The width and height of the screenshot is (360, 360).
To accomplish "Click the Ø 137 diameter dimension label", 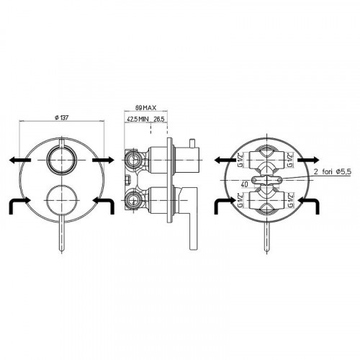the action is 62,117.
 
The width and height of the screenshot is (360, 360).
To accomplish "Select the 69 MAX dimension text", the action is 145,108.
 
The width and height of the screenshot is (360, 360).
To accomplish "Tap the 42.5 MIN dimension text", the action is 138,119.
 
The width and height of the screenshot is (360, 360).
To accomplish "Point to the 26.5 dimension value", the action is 159,119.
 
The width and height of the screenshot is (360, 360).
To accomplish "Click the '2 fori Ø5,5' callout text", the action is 333,172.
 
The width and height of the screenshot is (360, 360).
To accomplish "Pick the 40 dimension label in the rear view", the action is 244,184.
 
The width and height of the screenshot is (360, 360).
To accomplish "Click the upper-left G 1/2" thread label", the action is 240,160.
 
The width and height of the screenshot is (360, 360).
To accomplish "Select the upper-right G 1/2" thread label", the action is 290,160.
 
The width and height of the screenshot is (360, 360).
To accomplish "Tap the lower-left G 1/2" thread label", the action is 240,199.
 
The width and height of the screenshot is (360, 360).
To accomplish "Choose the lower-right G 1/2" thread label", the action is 290,199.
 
